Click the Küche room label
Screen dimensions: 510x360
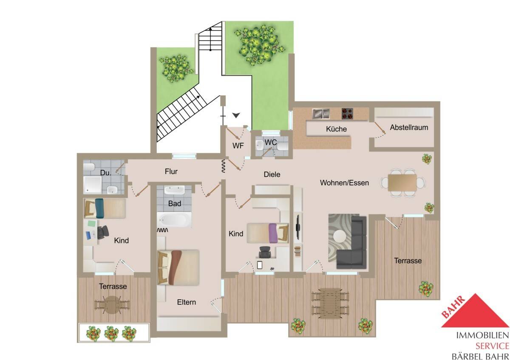336,129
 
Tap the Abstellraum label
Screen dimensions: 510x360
409,127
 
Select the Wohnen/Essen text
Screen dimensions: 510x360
344,183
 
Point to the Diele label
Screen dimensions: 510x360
272,174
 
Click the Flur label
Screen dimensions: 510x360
171,171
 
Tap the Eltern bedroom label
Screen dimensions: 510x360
186,302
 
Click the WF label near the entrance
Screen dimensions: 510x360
238,146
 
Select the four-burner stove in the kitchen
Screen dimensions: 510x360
347,114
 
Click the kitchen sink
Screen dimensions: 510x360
321,114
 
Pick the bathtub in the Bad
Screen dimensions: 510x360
174,220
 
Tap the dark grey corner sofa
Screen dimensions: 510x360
352,242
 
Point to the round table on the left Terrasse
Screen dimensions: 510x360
112,305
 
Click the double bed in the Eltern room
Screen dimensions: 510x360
178,267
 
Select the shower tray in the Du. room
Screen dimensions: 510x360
93,185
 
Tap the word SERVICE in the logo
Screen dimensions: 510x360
492,346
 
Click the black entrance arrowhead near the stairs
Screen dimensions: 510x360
236,115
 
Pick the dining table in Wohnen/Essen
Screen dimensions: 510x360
402,183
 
